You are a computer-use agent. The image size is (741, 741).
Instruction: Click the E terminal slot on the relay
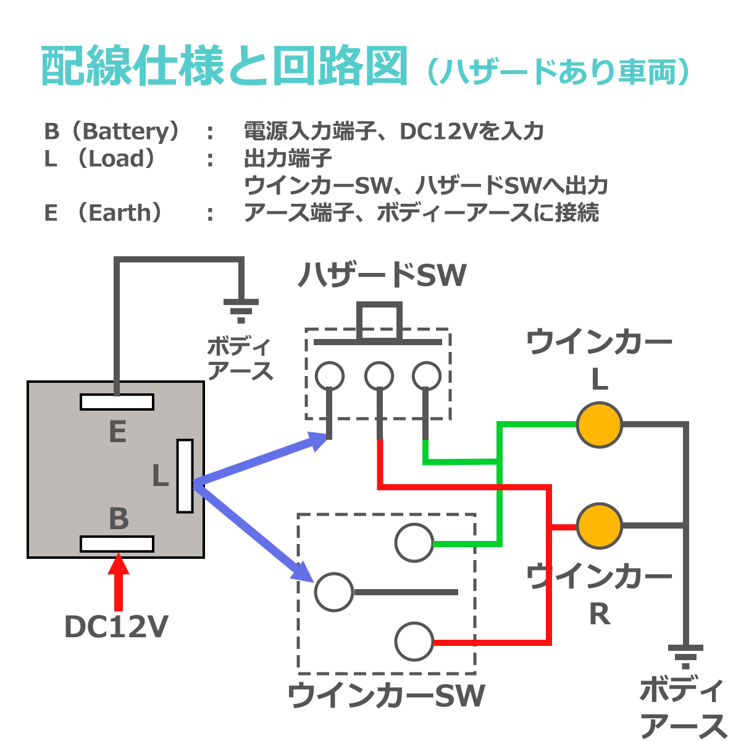(117, 402)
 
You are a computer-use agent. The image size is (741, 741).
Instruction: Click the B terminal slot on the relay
(117, 544)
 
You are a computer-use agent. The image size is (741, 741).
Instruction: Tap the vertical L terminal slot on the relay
(185, 475)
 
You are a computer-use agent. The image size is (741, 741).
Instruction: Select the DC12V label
(116, 627)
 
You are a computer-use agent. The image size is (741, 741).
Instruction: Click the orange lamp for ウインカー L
(599, 425)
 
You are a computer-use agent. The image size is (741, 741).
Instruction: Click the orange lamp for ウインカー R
(599, 525)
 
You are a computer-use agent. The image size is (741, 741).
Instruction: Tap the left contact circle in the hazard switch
(329, 375)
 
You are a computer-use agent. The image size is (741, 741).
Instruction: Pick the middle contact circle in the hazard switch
(379, 375)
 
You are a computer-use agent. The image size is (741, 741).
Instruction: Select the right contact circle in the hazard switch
(426, 375)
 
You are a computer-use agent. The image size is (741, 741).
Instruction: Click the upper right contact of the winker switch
(414, 543)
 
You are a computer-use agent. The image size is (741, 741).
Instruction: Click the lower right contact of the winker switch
(414, 642)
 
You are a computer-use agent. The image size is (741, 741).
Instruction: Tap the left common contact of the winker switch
(334, 592)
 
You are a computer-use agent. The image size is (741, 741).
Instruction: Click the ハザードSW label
(382, 275)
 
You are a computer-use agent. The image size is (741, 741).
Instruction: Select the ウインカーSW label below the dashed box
(386, 696)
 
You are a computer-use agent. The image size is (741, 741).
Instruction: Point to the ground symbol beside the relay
(241, 309)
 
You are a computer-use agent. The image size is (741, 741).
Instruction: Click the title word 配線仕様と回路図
(225, 66)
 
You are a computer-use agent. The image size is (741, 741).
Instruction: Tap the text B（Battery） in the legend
(114, 131)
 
